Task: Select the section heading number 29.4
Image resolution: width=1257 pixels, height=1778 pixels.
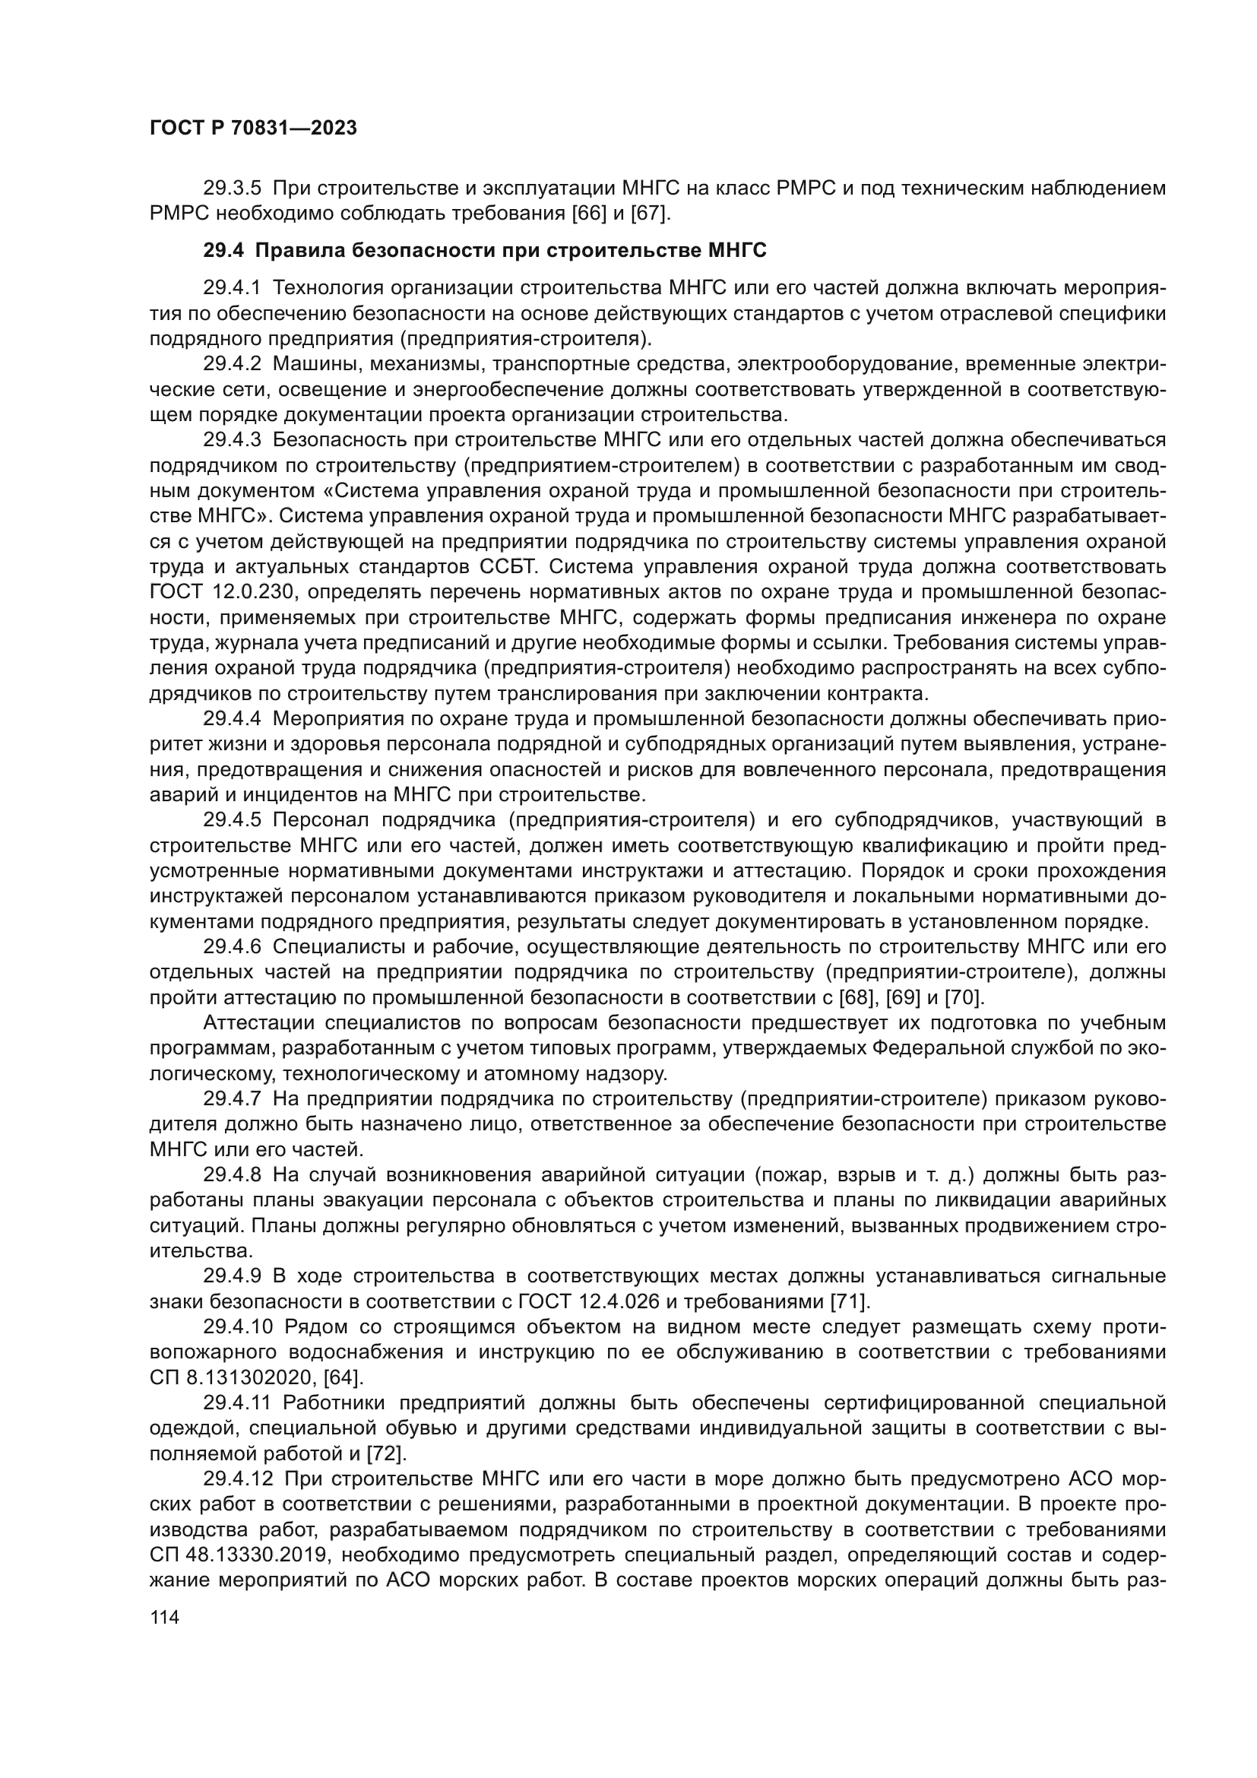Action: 223,251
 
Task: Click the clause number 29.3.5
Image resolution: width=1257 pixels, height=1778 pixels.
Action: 233,189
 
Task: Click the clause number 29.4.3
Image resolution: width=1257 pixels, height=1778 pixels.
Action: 233,441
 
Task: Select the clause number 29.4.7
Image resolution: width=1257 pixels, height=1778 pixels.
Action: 233,1099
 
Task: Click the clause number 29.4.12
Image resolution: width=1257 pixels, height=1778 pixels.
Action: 239,1478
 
